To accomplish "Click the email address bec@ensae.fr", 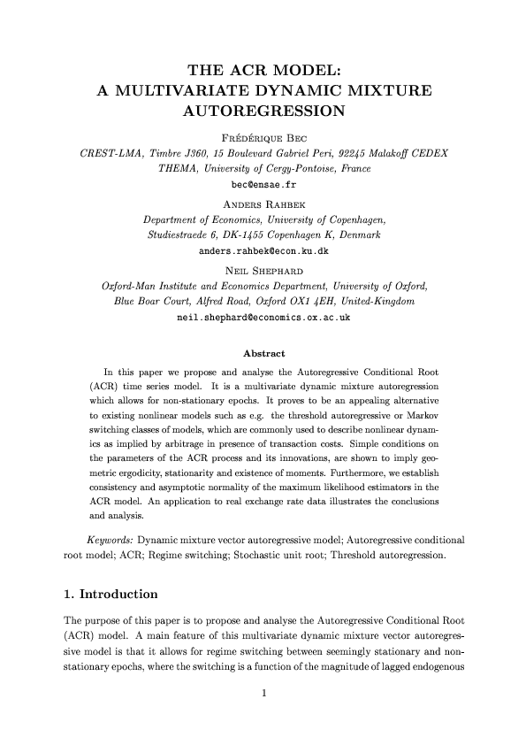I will pyautogui.click(x=263, y=186).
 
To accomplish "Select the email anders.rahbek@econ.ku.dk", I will pyautogui.click(x=263, y=251).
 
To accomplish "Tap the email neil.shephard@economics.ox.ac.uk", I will pyautogui.click(x=263, y=317).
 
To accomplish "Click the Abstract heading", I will pyautogui.click(x=263, y=354).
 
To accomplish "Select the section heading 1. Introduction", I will pyautogui.click(x=104, y=593).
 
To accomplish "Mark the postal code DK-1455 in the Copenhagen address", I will pyautogui.click(x=233, y=235).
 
